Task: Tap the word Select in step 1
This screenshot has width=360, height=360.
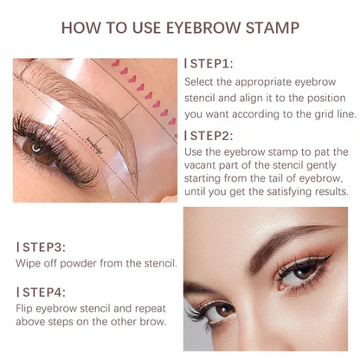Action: click(202, 81)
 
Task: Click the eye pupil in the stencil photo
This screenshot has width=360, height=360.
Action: click(36, 148)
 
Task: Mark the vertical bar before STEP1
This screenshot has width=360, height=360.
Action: click(186, 64)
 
